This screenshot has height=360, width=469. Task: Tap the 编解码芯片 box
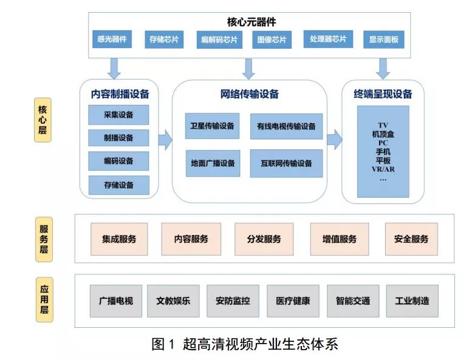coord(219,41)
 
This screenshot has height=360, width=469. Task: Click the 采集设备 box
coord(118,114)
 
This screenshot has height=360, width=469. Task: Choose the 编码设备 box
coord(118,161)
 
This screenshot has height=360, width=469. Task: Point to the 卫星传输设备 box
coord(212,126)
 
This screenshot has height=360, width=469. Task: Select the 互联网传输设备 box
coord(286,163)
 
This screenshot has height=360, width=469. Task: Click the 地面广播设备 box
coord(212,163)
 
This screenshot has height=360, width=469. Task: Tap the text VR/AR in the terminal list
coord(382,170)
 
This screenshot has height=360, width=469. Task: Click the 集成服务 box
coord(120,239)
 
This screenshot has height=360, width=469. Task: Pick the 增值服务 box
coord(339,239)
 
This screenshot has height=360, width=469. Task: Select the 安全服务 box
coord(411,239)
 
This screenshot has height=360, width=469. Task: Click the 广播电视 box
coord(115,301)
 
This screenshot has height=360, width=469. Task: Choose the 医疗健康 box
coord(293,301)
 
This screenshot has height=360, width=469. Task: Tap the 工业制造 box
coord(412,301)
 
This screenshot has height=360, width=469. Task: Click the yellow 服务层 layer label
coord(44,239)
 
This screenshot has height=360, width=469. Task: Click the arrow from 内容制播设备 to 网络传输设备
coord(165,139)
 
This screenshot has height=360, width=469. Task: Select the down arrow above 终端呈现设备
coord(382,68)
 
